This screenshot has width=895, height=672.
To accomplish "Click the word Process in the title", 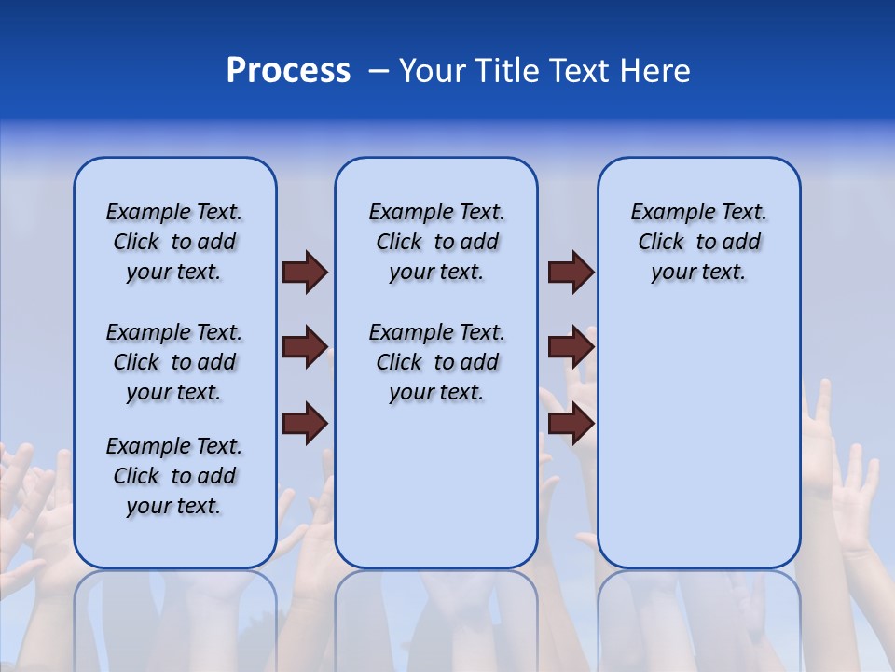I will click(x=288, y=71).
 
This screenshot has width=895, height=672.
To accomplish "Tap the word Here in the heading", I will click(x=653, y=71).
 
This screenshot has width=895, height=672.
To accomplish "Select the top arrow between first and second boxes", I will click(x=305, y=272).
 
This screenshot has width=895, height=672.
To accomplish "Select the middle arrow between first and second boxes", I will click(x=305, y=347).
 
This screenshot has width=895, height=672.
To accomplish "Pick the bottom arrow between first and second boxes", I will click(x=305, y=423).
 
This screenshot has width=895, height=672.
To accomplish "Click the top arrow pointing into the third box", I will click(x=571, y=272).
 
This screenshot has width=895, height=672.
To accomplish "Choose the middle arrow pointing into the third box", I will click(x=571, y=347).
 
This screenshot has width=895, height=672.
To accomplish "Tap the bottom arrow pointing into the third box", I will click(x=571, y=423).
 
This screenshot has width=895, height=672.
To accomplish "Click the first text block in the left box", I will click(x=174, y=242).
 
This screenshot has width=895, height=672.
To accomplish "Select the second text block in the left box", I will click(x=174, y=362).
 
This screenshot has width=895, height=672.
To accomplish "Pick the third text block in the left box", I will click(x=174, y=476).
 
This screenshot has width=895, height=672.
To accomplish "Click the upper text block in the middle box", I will click(x=436, y=242).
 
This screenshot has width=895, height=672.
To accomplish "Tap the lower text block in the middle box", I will click(x=436, y=362).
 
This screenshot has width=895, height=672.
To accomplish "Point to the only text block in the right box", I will click(x=698, y=242).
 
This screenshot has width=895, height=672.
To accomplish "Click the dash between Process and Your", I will click(x=379, y=71).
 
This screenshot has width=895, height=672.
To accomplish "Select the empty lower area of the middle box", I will click(x=436, y=485).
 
